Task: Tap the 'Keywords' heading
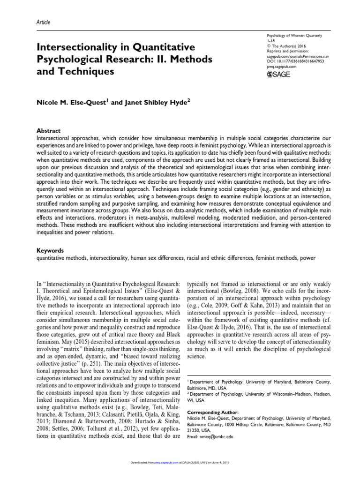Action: pos(51,251)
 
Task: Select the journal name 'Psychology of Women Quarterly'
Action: pos(294,36)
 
